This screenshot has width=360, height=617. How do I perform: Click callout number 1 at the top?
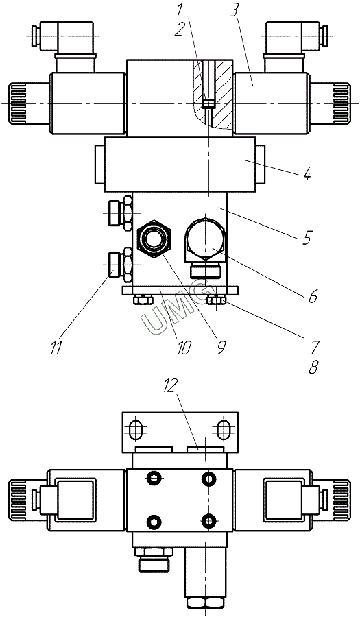click(180, 10)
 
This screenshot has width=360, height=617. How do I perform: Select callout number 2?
click(180, 30)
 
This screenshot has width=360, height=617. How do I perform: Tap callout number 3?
click(234, 11)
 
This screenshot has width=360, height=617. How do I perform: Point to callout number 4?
click(307, 173)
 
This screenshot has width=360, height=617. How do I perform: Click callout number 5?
click(308, 237)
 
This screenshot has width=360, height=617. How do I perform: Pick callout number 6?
click(312, 296)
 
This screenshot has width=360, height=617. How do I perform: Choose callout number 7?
click(314, 347)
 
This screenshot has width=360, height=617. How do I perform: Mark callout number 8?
click(313, 367)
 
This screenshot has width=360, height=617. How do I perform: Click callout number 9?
click(221, 346)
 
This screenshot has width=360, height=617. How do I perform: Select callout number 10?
click(183, 347)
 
